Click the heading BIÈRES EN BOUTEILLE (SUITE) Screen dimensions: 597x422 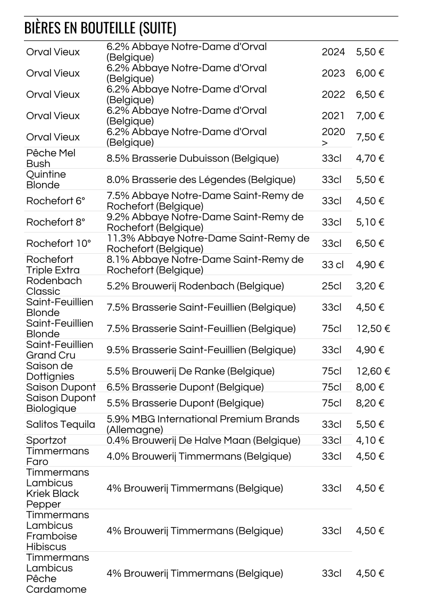pos(100,28)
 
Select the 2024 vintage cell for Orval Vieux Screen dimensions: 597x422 pos(333,52)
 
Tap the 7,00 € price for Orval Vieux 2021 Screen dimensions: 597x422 pos(370,116)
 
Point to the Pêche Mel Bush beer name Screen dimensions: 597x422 pos(51,159)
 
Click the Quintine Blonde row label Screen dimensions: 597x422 pos(46,180)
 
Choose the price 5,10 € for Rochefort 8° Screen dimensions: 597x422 pos(370,222)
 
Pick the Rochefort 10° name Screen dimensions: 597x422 pos(59,244)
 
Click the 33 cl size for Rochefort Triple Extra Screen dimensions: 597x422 pos(333,265)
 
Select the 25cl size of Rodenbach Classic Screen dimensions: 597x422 pos(332,286)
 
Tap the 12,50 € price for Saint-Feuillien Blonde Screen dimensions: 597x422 pos(373,329)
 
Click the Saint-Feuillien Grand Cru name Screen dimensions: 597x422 pos(60,350)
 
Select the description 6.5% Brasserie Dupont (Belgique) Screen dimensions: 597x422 pos(185,387)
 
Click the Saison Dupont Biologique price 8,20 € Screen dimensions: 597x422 pos(370,403)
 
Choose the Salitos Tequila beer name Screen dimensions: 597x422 pos(61,425)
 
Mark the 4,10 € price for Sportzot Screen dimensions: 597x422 pos(370,441)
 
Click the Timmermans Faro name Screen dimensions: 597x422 pos(57,457)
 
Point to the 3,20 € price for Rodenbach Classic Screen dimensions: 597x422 pos(370,286)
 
